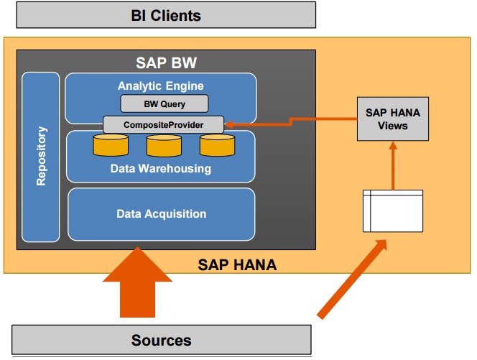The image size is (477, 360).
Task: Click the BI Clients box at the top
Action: (x=166, y=14)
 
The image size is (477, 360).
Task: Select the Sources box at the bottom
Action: (x=161, y=340)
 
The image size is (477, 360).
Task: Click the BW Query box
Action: (x=164, y=104)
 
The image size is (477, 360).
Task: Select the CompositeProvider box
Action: (x=163, y=124)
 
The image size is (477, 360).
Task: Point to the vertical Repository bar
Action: (x=41, y=157)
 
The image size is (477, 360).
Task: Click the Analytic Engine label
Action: (x=161, y=86)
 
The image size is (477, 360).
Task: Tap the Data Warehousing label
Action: (x=161, y=169)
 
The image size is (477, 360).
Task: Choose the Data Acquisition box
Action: (x=162, y=214)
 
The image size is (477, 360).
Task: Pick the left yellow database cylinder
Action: (x=111, y=146)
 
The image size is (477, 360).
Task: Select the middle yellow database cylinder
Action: (x=164, y=146)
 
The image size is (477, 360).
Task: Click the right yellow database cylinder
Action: (x=217, y=146)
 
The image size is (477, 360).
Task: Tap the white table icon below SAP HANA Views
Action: (x=393, y=211)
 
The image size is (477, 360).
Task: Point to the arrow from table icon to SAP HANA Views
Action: (x=392, y=165)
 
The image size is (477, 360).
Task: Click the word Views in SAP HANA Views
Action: (x=392, y=126)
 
